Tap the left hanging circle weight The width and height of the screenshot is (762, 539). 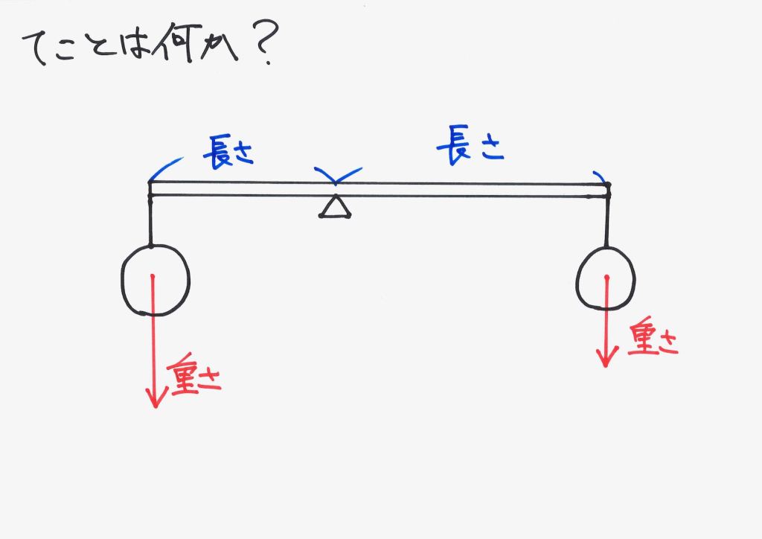click(x=156, y=281)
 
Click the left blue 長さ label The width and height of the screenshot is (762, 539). click(x=228, y=152)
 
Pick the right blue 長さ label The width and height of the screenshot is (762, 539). click(x=470, y=146)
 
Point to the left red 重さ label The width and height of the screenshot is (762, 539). click(x=196, y=378)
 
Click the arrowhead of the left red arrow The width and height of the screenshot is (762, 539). click(x=155, y=399)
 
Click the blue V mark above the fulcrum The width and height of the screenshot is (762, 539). click(x=336, y=176)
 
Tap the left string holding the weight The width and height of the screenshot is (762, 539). click(x=150, y=220)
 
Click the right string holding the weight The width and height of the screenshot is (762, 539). click(x=608, y=221)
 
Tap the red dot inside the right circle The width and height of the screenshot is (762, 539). click(x=606, y=278)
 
